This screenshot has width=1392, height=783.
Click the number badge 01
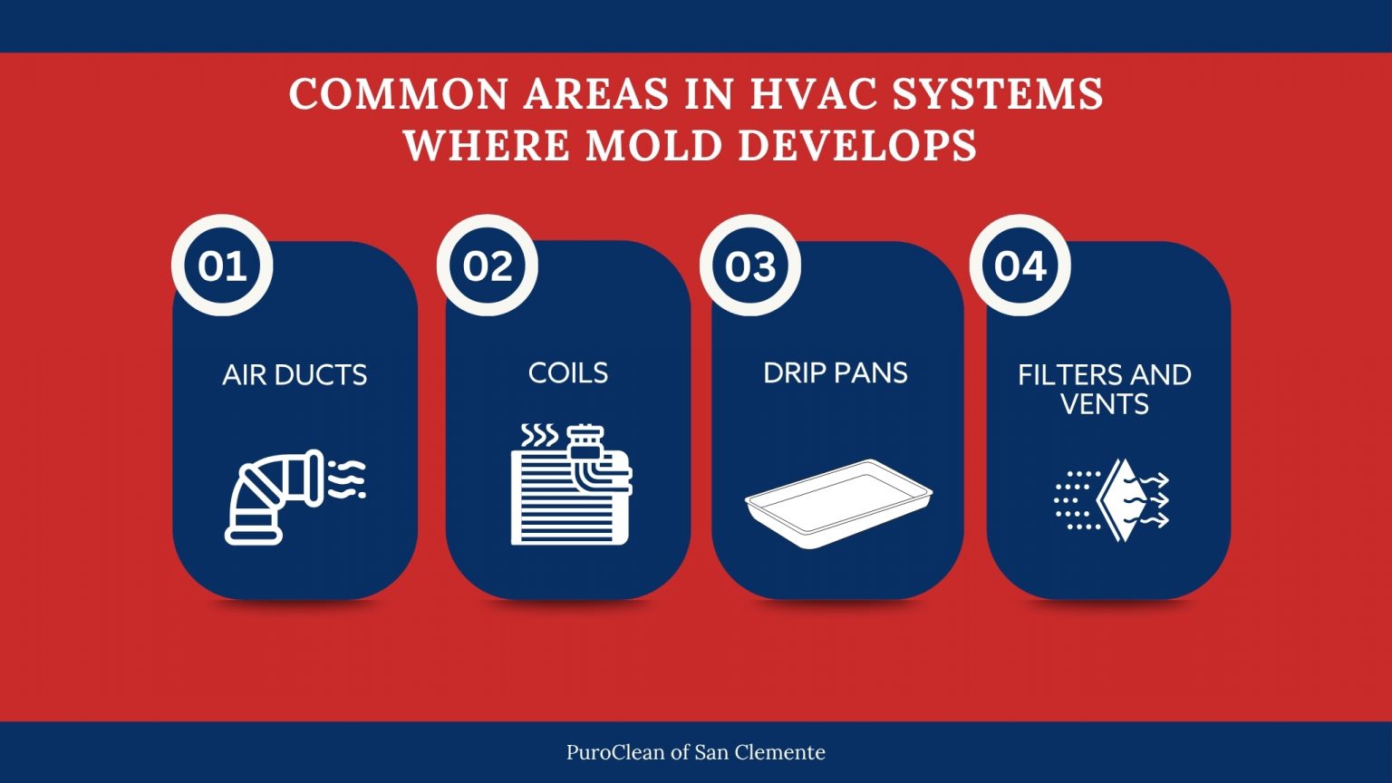coord(222,266)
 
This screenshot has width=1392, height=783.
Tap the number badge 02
coord(488,266)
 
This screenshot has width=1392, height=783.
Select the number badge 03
coord(750,266)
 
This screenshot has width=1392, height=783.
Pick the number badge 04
coord(1020,266)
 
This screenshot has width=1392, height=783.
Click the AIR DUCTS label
coord(295,375)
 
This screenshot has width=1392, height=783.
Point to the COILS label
coord(568,372)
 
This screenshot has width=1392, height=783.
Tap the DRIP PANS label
coord(836,372)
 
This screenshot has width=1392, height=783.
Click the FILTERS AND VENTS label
coord(1105,389)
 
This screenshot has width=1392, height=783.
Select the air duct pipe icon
coord(295,497)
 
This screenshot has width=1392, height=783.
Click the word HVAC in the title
coord(815,94)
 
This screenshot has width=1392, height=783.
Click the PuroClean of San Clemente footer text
coord(696,752)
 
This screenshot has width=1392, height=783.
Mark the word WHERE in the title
coord(487,146)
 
